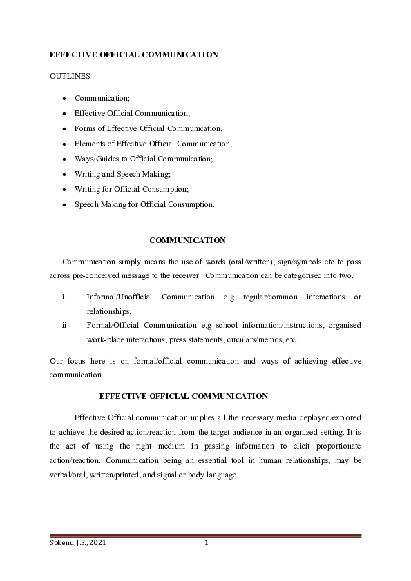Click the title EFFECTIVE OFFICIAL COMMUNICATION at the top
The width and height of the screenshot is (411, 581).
(134, 54)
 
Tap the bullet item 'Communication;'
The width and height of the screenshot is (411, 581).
(102, 98)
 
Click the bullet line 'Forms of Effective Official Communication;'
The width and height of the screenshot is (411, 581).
(149, 128)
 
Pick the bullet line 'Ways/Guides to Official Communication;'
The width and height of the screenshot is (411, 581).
(144, 159)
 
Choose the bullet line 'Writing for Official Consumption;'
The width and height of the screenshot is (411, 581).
(132, 189)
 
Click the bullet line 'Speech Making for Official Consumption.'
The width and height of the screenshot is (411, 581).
(144, 204)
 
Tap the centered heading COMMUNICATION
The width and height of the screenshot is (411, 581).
(187, 240)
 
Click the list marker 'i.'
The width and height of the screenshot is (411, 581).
(64, 297)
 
